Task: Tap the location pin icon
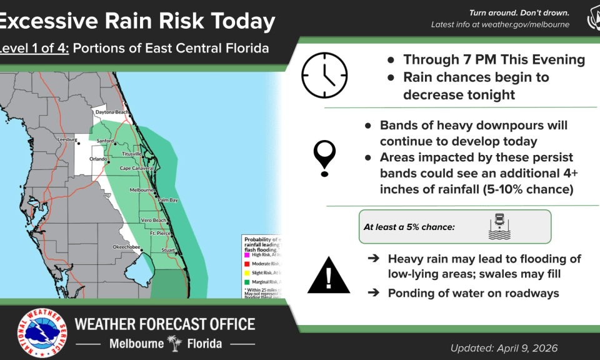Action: click(x=325, y=157)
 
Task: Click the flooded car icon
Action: click(x=499, y=226)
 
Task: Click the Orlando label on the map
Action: click(x=98, y=159)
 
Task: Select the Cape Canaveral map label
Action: click(x=137, y=168)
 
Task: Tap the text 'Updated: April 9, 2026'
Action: click(x=504, y=348)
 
